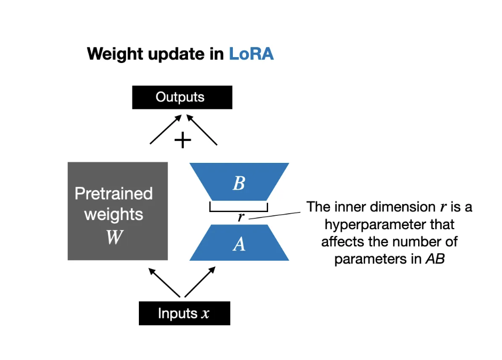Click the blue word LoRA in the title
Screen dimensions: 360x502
click(251, 53)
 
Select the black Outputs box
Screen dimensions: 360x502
click(182, 97)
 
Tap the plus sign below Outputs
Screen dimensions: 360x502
click(183, 140)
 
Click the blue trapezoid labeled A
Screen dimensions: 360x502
click(239, 244)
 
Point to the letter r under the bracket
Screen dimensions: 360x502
click(241, 217)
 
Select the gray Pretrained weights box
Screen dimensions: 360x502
click(117, 211)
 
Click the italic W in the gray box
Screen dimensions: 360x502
click(114, 237)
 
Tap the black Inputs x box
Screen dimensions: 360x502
click(184, 314)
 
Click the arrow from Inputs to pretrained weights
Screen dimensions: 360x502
click(164, 282)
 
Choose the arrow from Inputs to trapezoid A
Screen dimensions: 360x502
click(200, 282)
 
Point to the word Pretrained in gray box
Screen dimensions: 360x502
click(114, 193)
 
